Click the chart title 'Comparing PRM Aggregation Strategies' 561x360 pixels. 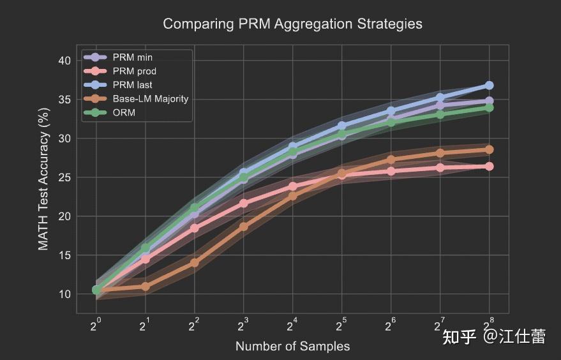click(292, 24)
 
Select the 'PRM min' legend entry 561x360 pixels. click(132, 58)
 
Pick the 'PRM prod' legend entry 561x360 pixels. click(134, 71)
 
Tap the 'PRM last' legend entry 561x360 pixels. click(131, 85)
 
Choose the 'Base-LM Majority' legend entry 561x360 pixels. click(150, 98)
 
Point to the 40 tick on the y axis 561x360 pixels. click(64, 61)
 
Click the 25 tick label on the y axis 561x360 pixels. click(64, 177)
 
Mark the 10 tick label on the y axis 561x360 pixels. click(64, 294)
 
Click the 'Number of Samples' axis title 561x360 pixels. click(292, 347)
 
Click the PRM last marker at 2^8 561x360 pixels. click(489, 86)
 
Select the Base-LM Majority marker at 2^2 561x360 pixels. click(195, 263)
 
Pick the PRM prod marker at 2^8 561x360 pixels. click(489, 167)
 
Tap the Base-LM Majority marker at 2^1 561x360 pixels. click(146, 287)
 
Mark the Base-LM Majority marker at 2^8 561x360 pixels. click(489, 150)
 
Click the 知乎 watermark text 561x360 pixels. click(460, 336)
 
